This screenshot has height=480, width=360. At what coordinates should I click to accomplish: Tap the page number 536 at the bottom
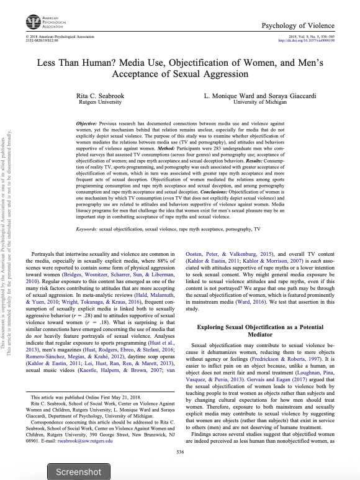(x=181, y=451)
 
